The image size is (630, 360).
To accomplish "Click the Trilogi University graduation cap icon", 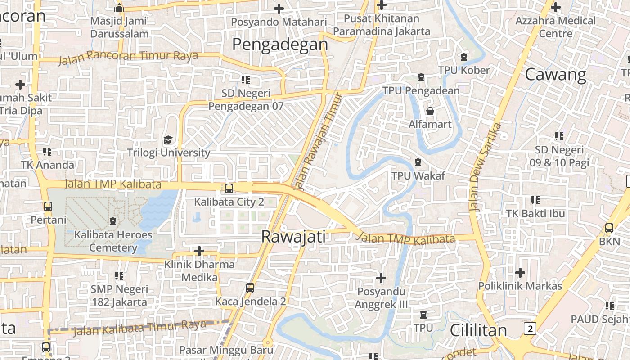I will pos(168,139).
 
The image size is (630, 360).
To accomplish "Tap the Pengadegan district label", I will pos(280,44).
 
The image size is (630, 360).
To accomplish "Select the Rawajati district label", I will pos(293,237).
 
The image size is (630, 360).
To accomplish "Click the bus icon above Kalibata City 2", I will pos(229,188).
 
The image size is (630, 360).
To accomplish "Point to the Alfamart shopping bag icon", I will pos(430,111).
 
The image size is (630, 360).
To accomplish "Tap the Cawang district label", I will pos(555,74).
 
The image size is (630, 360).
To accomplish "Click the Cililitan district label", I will pos(478,330).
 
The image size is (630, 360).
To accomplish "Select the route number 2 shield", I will pos(531,328).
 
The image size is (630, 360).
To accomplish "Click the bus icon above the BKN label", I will pos(609,228).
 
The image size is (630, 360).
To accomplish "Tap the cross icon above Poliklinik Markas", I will pos(520,272).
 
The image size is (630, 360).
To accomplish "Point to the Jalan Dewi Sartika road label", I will pos(485,166).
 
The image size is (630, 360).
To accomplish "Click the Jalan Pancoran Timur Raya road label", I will pos(128,57).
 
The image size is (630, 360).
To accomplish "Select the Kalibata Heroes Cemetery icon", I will pos(112,221).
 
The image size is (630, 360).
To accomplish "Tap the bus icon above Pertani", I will pos(48,207).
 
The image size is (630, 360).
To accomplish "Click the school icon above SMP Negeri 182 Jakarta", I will pos(119,275).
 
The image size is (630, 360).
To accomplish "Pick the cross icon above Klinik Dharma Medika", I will pos(199,251).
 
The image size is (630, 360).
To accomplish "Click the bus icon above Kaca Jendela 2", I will pos(250,288).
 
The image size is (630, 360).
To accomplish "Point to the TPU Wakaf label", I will pos(418,176).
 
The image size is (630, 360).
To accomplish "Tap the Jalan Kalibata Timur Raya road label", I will pos(139,328).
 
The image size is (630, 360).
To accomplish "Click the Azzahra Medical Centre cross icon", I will pos(556,7).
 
